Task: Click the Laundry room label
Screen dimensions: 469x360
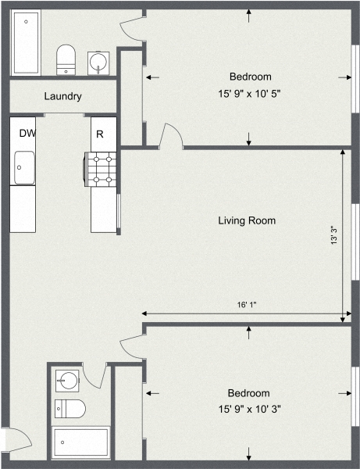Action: click(64, 97)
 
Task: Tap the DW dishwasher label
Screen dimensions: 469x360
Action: click(27, 133)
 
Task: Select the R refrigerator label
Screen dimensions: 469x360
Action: click(99, 134)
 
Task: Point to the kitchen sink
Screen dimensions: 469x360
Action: click(23, 166)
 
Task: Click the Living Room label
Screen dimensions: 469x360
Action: click(246, 220)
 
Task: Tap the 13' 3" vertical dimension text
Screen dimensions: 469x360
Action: click(333, 235)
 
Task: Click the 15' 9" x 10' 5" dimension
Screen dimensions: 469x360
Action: click(250, 93)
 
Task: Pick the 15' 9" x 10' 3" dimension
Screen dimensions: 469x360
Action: click(249, 409)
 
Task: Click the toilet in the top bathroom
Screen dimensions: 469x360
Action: click(66, 58)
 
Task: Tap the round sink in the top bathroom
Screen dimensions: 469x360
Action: click(100, 61)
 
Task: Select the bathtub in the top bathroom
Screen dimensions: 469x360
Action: click(26, 43)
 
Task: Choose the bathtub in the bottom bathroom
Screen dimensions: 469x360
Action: click(81, 444)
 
